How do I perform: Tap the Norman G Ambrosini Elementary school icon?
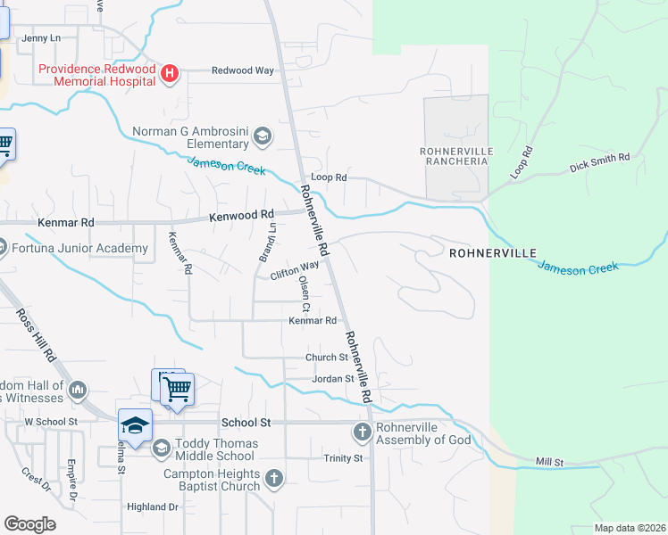click(263, 136)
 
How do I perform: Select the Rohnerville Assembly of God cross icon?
click(362, 432)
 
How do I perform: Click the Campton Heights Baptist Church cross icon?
click(274, 479)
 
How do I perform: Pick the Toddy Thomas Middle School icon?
click(161, 447)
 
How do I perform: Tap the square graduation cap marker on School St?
click(135, 425)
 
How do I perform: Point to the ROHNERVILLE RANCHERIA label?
click(455, 156)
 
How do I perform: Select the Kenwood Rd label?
click(241, 216)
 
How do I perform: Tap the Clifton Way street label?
click(295, 270)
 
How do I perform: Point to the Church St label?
click(319, 358)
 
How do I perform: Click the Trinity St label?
click(344, 458)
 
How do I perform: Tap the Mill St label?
click(550, 462)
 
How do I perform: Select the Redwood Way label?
click(242, 70)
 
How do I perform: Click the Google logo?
click(29, 524)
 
